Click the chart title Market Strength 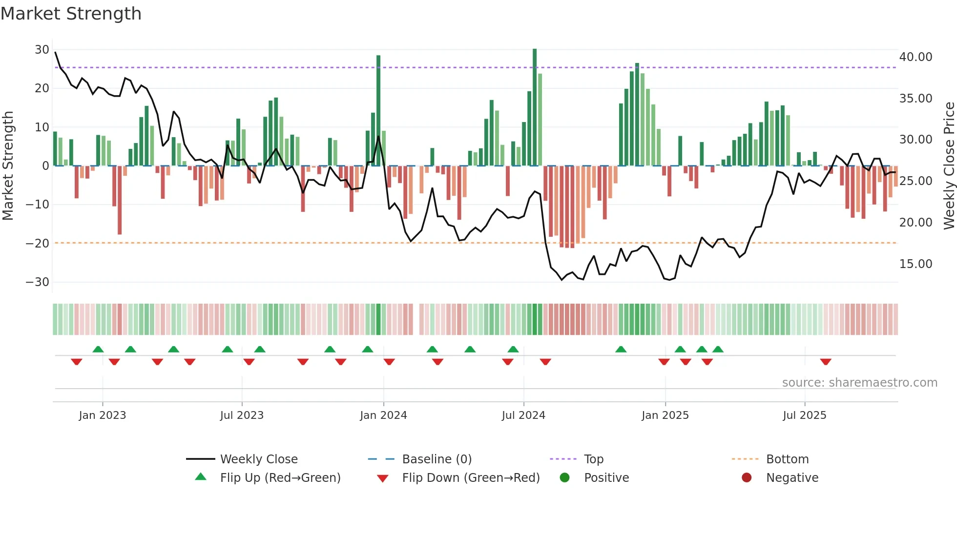[71, 14]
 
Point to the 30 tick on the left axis [42, 50]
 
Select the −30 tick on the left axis [38, 282]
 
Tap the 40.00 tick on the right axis [915, 57]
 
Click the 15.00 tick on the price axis [915, 264]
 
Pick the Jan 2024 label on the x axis [383, 415]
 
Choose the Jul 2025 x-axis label [804, 415]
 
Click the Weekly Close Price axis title [949, 166]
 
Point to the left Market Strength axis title [8, 166]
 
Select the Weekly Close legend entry [259, 459]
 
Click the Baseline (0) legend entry [437, 459]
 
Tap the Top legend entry [594, 459]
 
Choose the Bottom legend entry [787, 459]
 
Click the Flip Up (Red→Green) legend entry [280, 478]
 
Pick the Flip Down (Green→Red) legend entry [471, 478]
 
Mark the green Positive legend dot [565, 478]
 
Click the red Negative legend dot [747, 478]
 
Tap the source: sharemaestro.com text [859, 383]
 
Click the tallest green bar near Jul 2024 [535, 107]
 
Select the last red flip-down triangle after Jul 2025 [826, 362]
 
